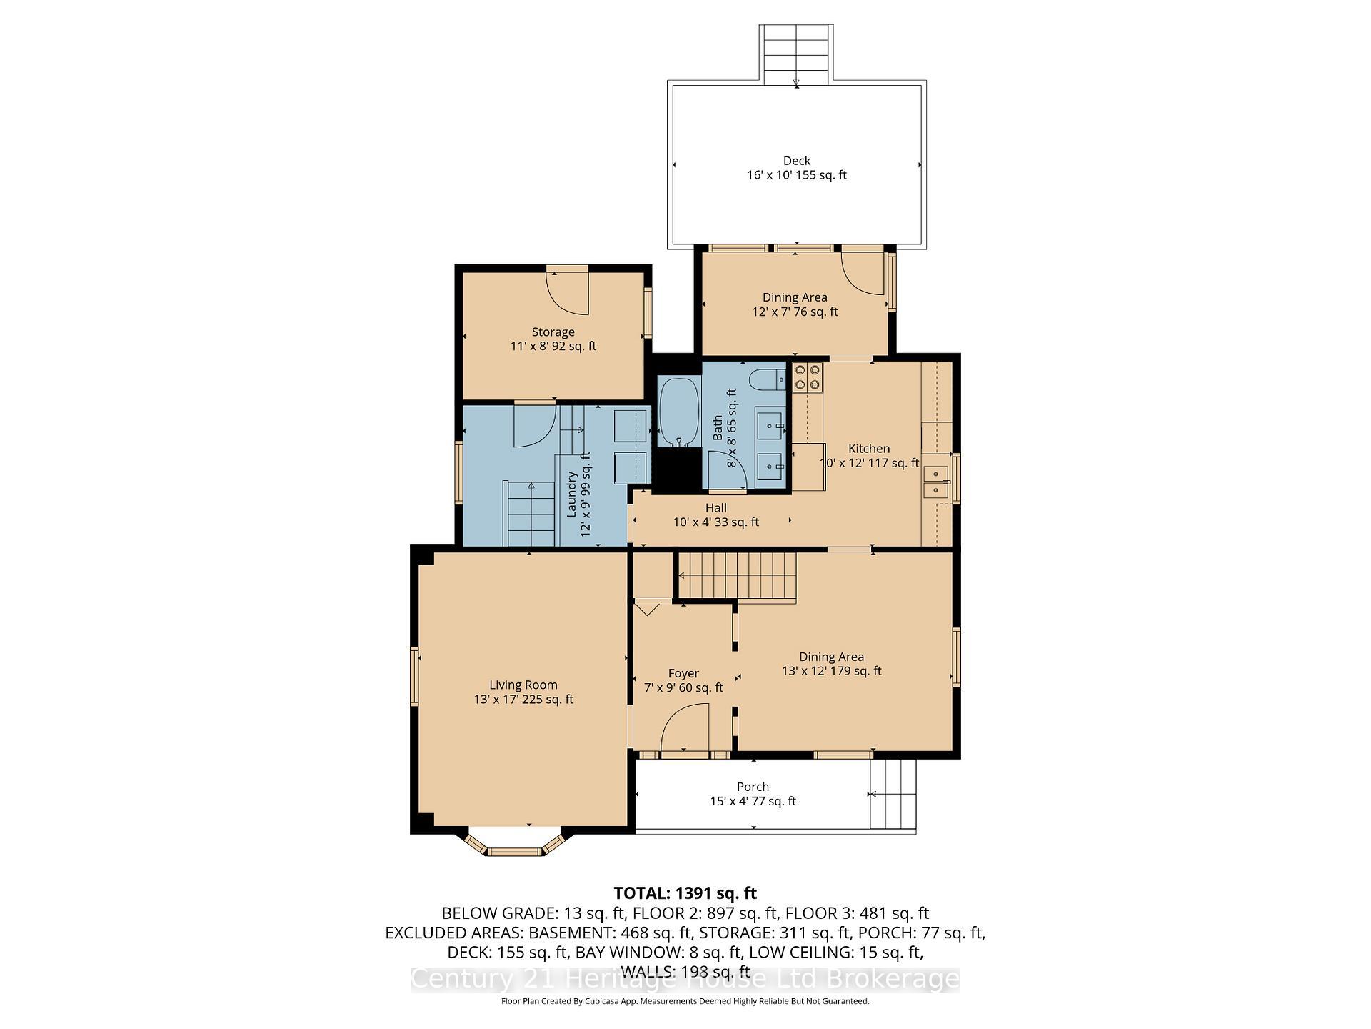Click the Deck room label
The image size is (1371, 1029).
click(796, 168)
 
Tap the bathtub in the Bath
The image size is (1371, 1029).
click(678, 412)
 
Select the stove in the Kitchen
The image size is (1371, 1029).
click(808, 377)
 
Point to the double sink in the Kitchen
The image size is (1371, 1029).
click(935, 482)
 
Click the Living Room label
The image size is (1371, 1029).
click(523, 692)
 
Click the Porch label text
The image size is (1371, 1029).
click(753, 794)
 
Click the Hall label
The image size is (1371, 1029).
click(715, 514)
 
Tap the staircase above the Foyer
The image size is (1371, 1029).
click(737, 575)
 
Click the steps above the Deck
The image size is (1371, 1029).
click(796, 54)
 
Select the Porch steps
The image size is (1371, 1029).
click(892, 794)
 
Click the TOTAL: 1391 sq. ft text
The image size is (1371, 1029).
click(685, 893)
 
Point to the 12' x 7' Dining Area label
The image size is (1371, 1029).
click(795, 304)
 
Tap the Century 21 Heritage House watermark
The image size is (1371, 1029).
click(685, 979)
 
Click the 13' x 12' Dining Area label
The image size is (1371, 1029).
click(831, 663)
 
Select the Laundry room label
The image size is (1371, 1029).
click(578, 493)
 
